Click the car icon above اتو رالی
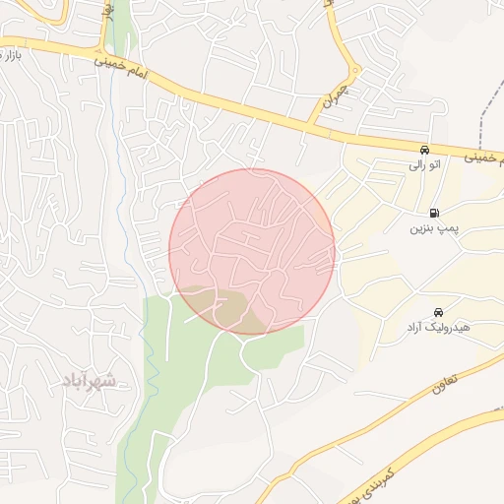coord(424,150)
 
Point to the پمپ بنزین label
coord(433,228)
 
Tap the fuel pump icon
coord(433,213)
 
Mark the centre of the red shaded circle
coord(252,252)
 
